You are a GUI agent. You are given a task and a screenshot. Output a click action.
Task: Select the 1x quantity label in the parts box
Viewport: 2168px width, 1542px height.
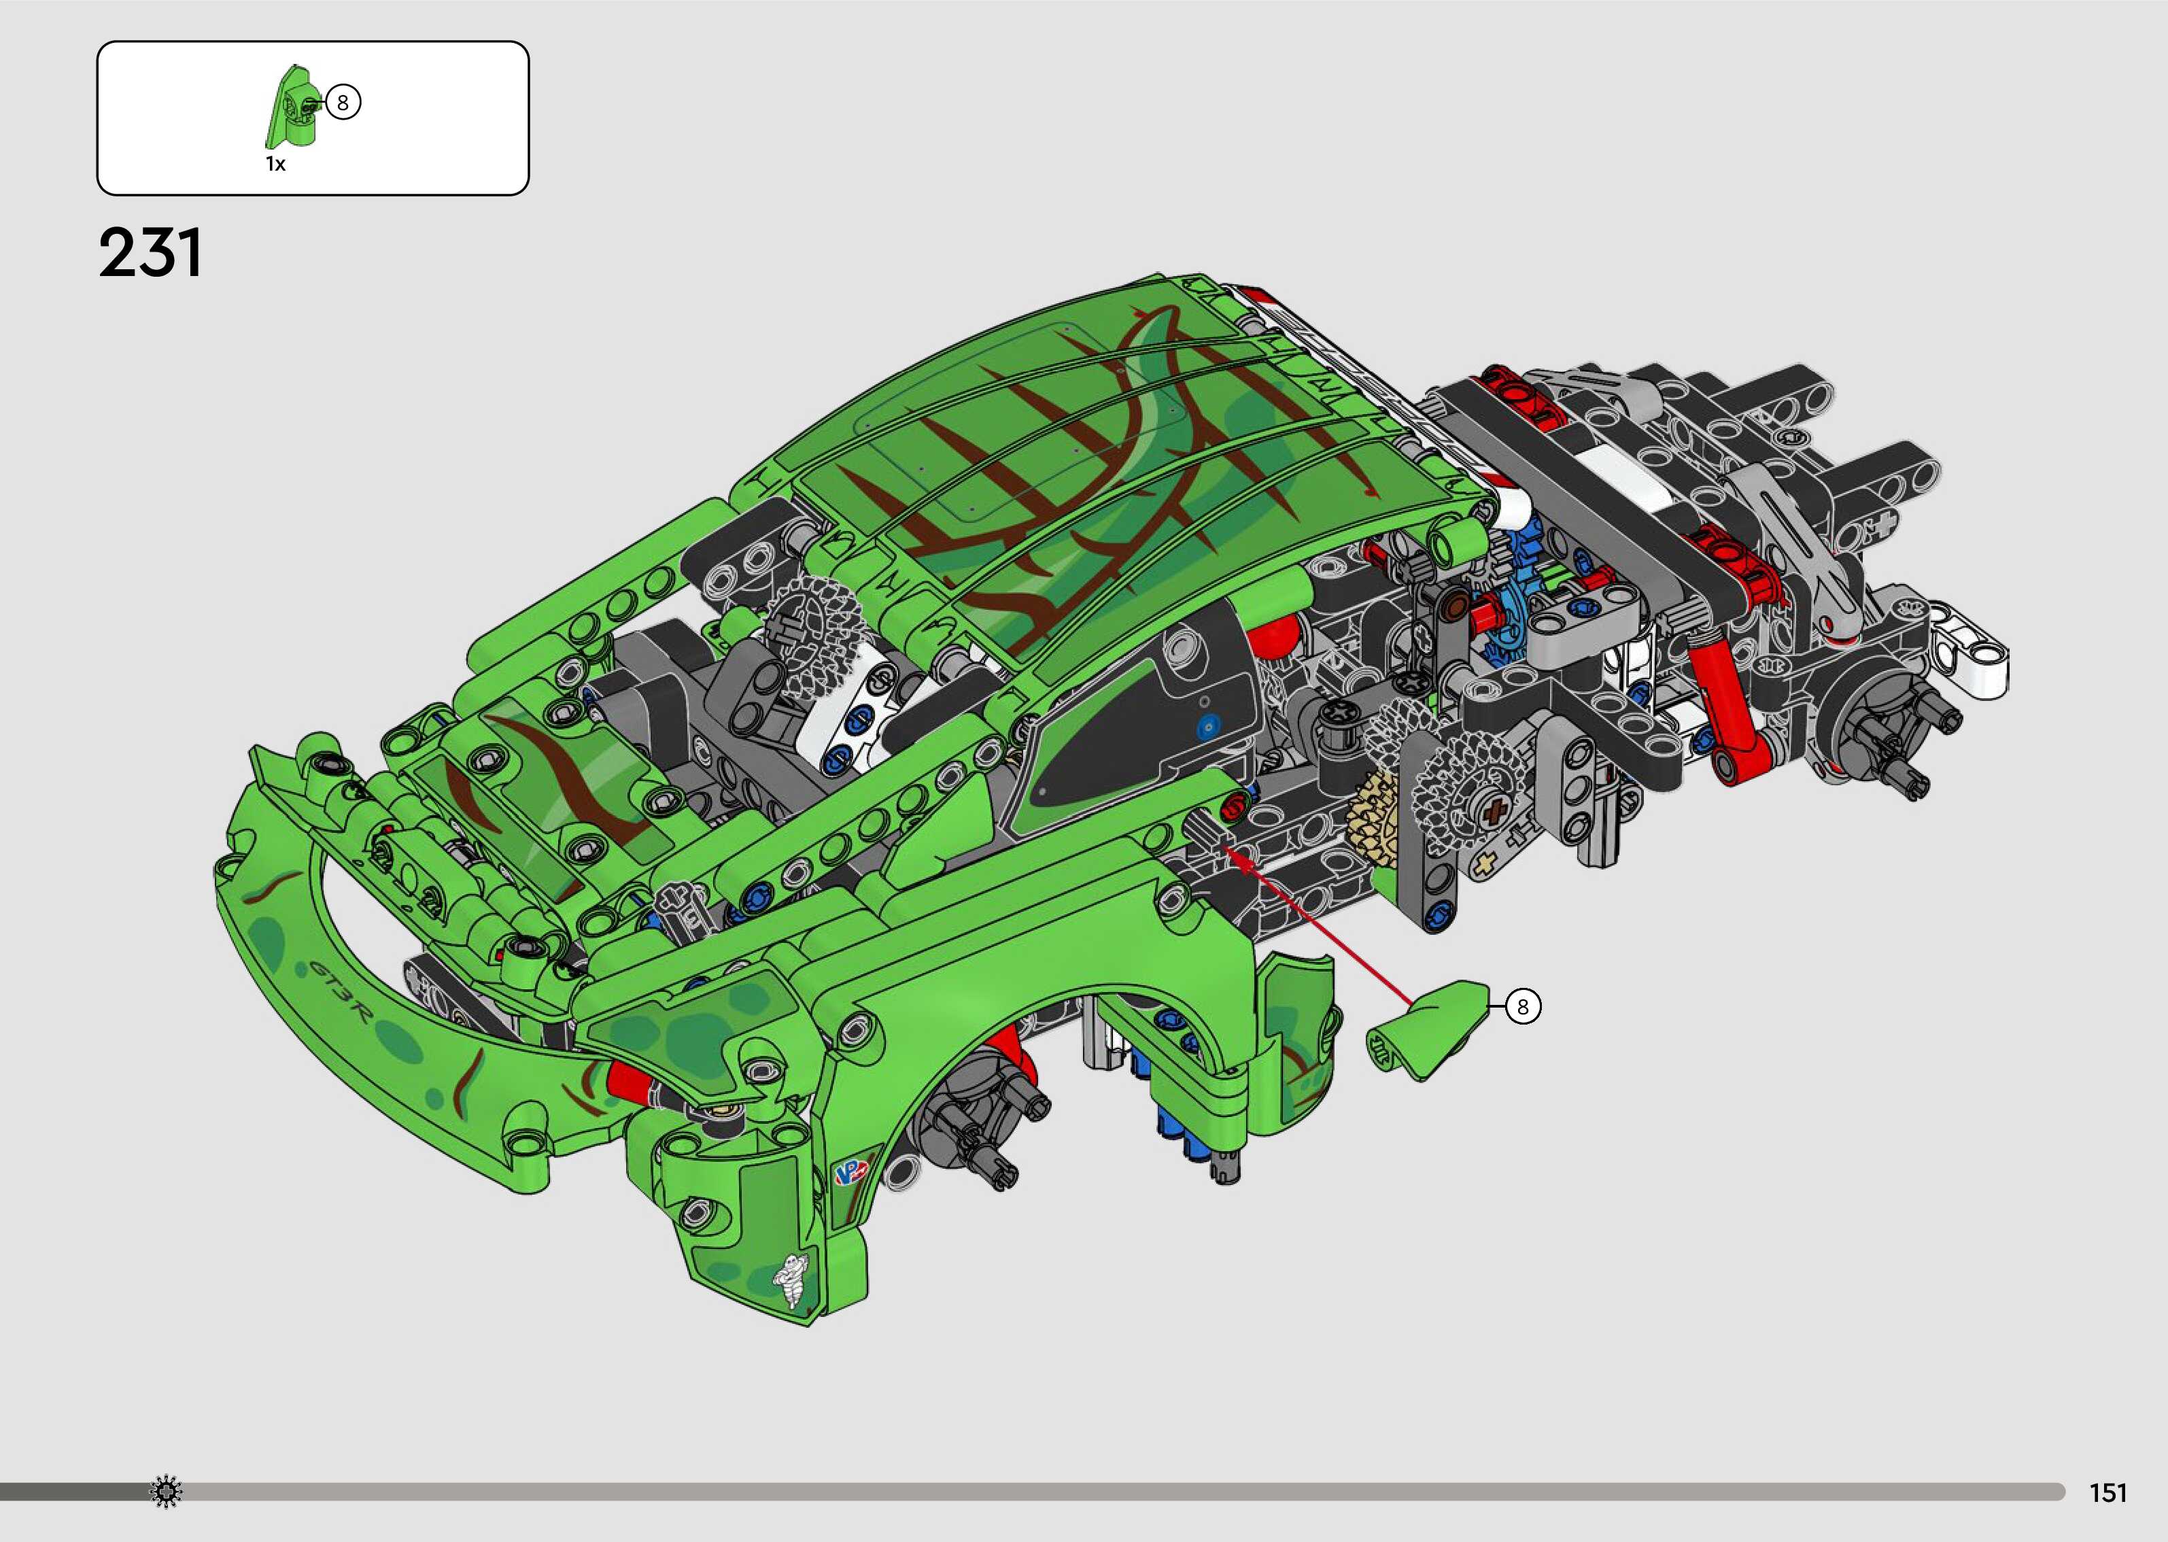275,165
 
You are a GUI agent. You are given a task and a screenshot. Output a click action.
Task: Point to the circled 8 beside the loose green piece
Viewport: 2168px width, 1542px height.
1523,1006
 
